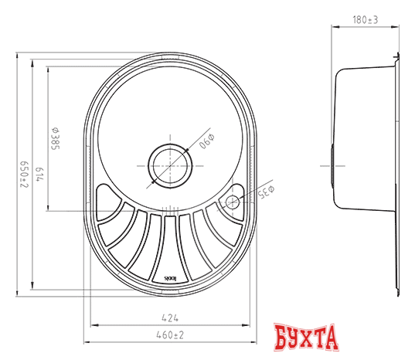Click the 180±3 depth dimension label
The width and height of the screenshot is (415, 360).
[365, 21]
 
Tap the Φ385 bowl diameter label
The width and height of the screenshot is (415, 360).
[57, 137]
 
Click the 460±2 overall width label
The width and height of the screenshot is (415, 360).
[171, 334]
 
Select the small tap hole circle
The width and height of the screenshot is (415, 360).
[232, 202]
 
